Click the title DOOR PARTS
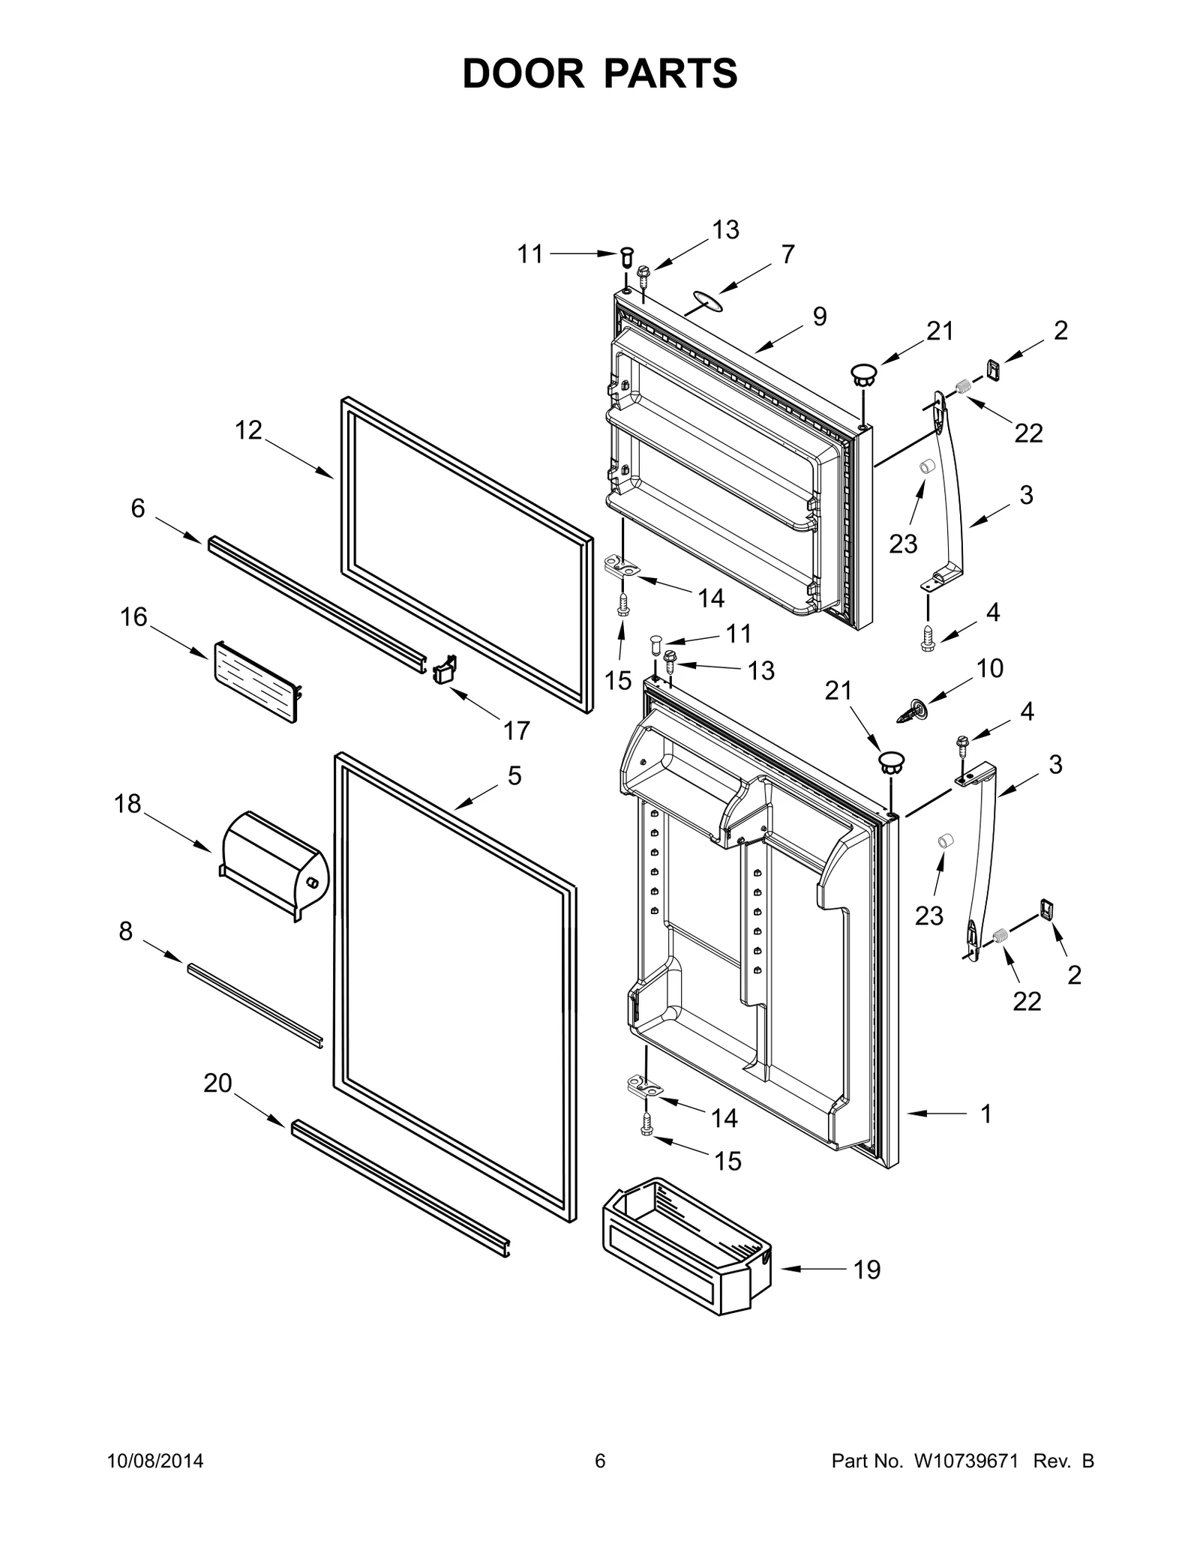[x=600, y=73]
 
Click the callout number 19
[x=866, y=1270]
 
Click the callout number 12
[x=248, y=430]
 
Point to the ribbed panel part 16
[x=255, y=681]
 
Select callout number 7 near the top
[x=787, y=255]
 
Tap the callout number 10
[x=990, y=668]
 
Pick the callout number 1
[x=986, y=1135]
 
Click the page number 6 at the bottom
[x=599, y=1461]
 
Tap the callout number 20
[x=217, y=1083]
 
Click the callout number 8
[x=125, y=931]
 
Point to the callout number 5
[x=514, y=775]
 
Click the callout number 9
[x=819, y=316]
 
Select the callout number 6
[x=138, y=508]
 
